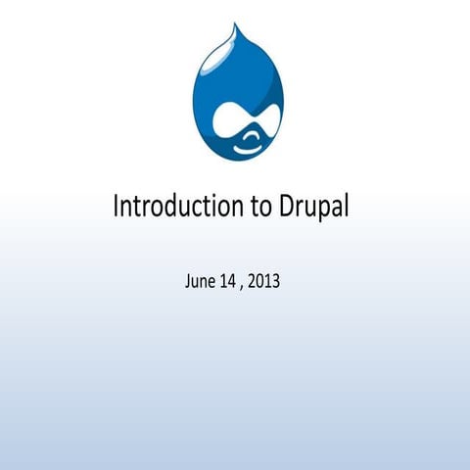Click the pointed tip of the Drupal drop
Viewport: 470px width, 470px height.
point(234,26)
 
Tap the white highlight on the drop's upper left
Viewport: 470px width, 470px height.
point(210,74)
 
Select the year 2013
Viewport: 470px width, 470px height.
point(264,282)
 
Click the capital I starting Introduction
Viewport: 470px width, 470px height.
point(117,207)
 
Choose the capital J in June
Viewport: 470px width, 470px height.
point(187,282)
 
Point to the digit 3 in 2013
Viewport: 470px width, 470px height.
point(276,282)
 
